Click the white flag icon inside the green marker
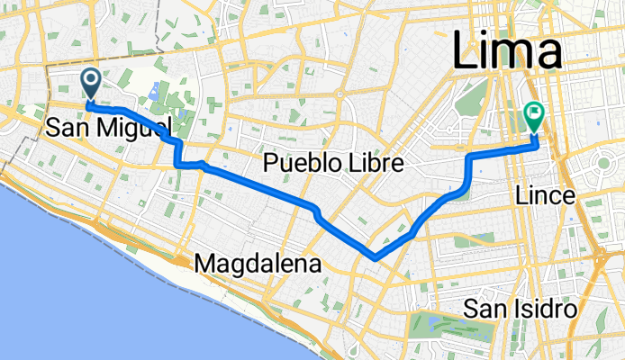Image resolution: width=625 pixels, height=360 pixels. point(533,113)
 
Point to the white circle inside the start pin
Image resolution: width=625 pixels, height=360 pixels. point(92,80)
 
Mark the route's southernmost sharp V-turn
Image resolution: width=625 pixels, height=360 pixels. point(374,258)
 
